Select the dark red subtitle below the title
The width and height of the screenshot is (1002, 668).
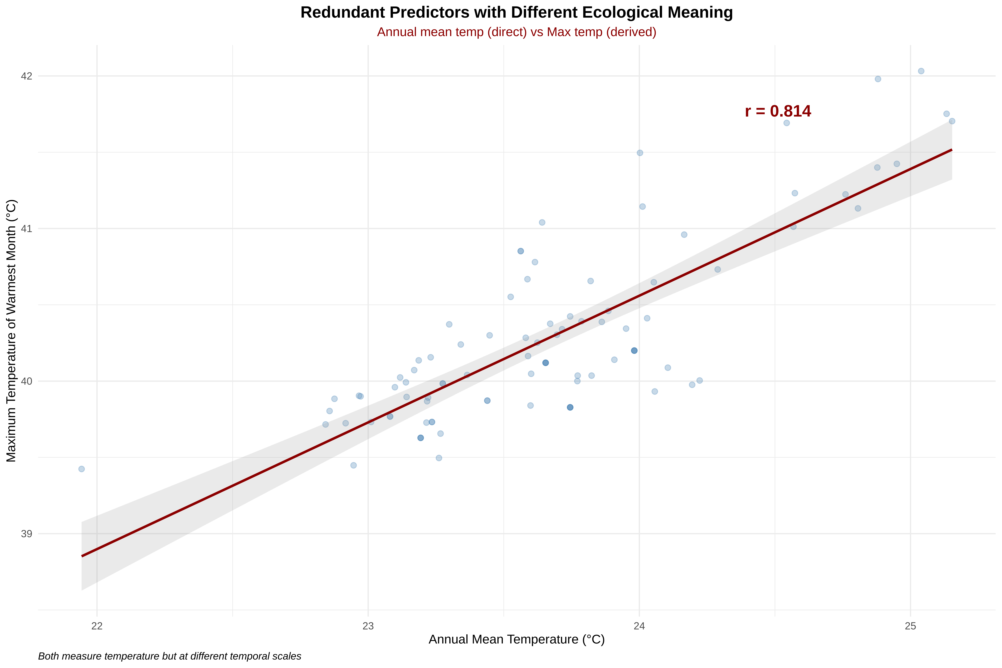[x=516, y=32]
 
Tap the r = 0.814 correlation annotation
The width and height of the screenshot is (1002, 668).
[x=778, y=111]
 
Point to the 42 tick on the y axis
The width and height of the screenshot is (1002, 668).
[x=26, y=76]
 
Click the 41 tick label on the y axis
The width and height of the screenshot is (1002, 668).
[x=26, y=229]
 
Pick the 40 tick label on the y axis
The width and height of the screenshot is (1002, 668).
[x=26, y=381]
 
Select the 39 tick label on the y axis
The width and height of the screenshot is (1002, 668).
[x=26, y=534]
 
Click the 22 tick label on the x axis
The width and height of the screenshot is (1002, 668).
[x=97, y=626]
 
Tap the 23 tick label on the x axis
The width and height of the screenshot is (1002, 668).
[x=368, y=626]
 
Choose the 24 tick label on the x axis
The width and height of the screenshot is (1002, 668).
[x=639, y=626]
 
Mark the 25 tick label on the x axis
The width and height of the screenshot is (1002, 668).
[x=910, y=626]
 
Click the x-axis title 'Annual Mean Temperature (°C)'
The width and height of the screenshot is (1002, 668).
[x=516, y=639]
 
